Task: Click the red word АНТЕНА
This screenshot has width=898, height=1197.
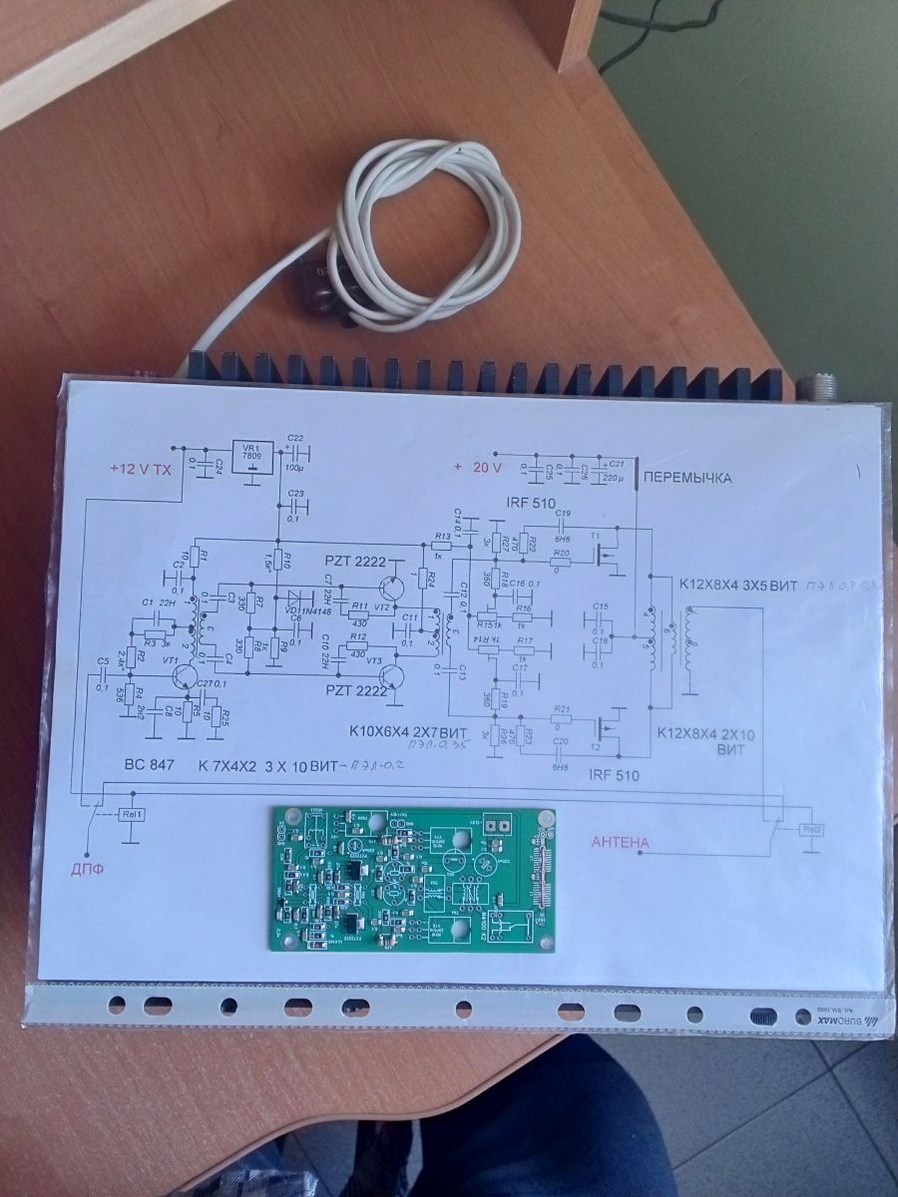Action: click(x=621, y=843)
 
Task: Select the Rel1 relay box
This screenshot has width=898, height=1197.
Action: click(x=132, y=814)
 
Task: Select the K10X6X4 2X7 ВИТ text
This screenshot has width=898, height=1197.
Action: click(x=408, y=729)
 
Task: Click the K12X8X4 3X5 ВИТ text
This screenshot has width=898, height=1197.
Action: click(x=736, y=585)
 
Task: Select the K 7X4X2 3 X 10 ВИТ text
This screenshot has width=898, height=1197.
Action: click(x=267, y=767)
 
